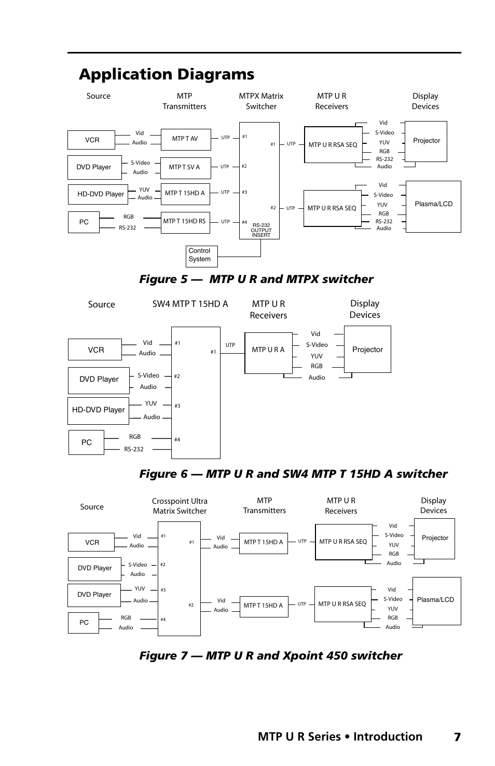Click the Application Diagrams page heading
pos(167,74)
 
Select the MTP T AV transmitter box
pos(185,139)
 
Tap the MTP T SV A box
pos(185,167)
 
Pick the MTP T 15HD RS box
pos(185,222)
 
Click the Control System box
pos(201,256)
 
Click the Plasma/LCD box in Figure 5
pos(433,206)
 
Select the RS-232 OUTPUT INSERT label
pos(261,230)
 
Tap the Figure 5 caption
pos(256,279)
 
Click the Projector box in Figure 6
pos(367,349)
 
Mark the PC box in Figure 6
pos(86,442)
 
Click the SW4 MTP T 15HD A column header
pos(190,304)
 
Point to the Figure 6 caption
pos(293,474)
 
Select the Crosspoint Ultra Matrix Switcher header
pos(180,506)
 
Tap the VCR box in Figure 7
pos(91,542)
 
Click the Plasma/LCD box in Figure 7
pos(436,600)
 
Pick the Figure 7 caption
pos(270,656)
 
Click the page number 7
pos(457,737)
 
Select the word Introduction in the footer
pos(388,737)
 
